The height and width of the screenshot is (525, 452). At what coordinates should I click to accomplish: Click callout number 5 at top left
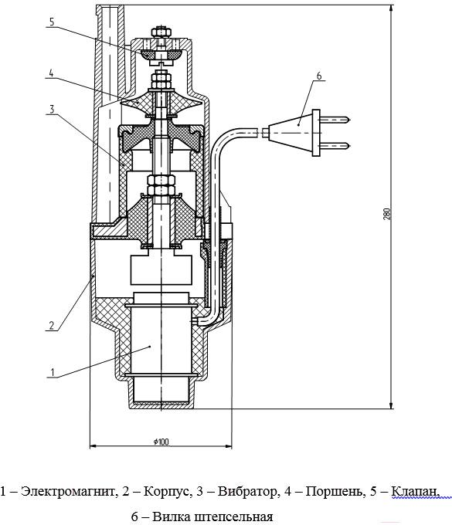51,22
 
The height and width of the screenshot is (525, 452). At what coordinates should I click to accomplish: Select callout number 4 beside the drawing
51,73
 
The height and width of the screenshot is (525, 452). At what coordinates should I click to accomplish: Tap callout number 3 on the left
51,109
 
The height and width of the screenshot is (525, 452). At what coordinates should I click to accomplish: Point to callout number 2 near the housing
51,326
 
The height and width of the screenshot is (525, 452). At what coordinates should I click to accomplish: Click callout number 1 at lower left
52,372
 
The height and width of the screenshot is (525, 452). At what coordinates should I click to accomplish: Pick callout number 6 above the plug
318,76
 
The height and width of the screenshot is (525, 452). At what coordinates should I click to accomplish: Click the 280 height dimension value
387,214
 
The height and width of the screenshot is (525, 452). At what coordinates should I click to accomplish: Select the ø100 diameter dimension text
161,442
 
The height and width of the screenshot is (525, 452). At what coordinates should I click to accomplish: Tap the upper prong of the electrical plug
335,119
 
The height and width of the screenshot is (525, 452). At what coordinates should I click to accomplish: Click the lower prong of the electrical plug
335,146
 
